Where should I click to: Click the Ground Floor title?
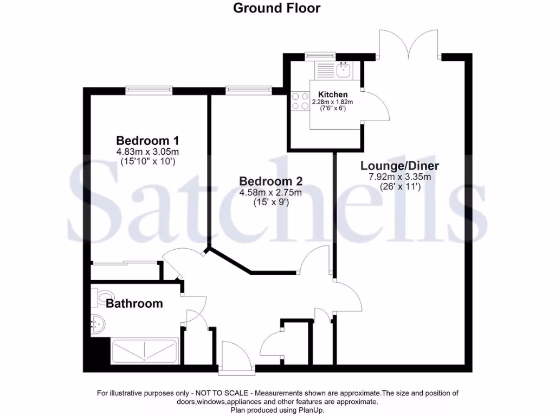point(276,8)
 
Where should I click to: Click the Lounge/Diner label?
point(400,166)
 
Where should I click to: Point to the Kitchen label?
point(333,94)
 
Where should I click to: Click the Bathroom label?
point(134,304)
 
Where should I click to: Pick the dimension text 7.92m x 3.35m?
point(399,177)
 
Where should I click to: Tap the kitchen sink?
point(343,69)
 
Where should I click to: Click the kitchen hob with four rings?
point(299,102)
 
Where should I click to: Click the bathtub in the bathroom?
point(144,351)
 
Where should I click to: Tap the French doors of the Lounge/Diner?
point(408,43)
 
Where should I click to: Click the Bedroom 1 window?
point(149,90)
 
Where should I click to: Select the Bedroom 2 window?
point(248,90)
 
